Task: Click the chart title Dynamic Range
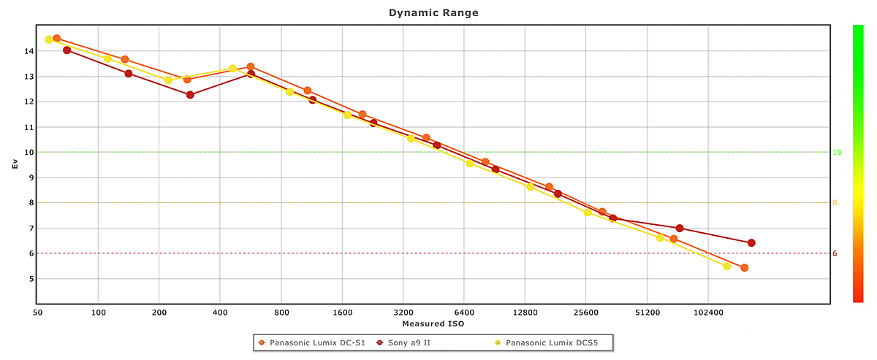[433, 12]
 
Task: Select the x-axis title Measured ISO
[433, 323]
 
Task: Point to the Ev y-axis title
[15, 164]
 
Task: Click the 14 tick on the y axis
[28, 51]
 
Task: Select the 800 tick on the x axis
[281, 313]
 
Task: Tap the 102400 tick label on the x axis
[707, 313]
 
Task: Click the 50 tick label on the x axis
[37, 313]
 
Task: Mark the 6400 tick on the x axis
[464, 313]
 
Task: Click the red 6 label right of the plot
[835, 253]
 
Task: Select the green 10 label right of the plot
[838, 152]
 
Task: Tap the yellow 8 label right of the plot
[835, 203]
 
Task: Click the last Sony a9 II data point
[751, 243]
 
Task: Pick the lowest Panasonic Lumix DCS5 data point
[726, 267]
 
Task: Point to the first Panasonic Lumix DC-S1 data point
[57, 38]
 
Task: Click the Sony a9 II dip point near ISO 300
[190, 95]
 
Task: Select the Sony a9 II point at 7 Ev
[680, 229]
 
